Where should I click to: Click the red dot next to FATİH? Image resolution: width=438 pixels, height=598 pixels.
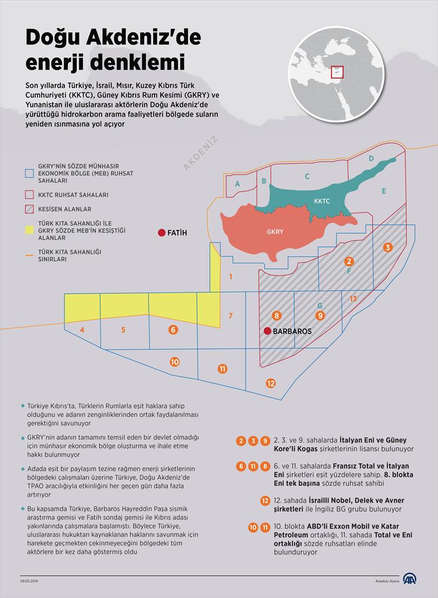[161, 233]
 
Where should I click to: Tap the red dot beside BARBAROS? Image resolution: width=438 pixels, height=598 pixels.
[267, 331]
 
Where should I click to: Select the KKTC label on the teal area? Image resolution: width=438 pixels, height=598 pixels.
[322, 201]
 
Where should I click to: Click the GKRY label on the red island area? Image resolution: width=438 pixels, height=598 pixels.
[275, 232]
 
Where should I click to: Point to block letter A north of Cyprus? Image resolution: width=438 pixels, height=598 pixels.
[237, 184]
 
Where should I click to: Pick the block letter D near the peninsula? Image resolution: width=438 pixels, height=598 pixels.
[371, 158]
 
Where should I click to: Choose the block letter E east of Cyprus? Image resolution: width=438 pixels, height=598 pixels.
[384, 191]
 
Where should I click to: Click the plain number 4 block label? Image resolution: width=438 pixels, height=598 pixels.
[82, 330]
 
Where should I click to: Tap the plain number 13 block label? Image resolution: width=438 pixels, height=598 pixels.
[353, 299]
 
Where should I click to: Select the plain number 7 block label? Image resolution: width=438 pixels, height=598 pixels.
[231, 316]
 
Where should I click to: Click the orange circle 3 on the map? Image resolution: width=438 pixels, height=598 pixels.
[387, 248]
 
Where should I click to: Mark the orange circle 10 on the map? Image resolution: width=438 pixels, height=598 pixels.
[174, 362]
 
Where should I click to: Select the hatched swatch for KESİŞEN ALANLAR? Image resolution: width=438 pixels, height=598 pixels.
[28, 209]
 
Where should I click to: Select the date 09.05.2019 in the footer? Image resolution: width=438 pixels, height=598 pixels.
[29, 580]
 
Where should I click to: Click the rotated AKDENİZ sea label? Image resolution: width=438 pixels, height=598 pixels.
[201, 153]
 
